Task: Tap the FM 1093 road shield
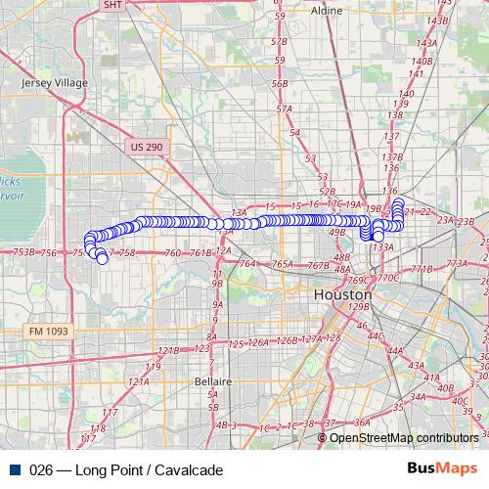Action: pyautogui.click(x=47, y=332)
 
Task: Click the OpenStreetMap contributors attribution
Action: pyautogui.click(x=404, y=437)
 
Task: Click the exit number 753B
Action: pyautogui.click(x=24, y=252)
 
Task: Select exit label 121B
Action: pyautogui.click(x=168, y=349)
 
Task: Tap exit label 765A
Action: pyautogui.click(x=283, y=264)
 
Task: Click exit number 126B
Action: pyautogui.click(x=287, y=340)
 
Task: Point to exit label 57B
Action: pyautogui.click(x=280, y=42)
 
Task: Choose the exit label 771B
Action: pyautogui.click(x=421, y=268)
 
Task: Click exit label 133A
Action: pyautogui.click(x=382, y=247)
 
